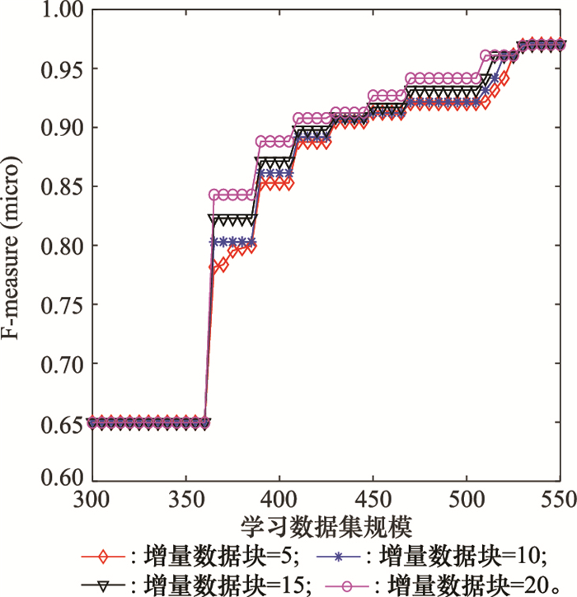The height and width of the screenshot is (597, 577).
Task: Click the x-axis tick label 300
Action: click(x=92, y=500)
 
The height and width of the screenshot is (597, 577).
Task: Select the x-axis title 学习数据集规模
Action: click(x=326, y=526)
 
